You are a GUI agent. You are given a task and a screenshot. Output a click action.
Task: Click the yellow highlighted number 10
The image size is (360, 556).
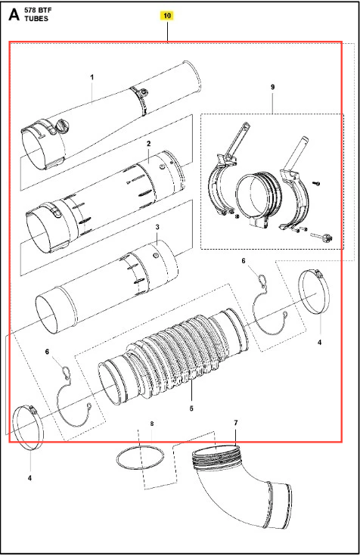click(167, 16)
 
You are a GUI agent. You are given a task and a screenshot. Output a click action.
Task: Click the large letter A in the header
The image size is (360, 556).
click(14, 14)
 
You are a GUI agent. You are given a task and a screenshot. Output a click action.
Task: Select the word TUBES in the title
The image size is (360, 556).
click(36, 19)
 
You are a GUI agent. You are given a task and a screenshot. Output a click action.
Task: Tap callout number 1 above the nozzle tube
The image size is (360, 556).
click(92, 77)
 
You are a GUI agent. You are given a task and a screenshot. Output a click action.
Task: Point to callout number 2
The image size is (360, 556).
click(149, 144)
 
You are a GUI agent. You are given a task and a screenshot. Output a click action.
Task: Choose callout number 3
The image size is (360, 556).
click(157, 227)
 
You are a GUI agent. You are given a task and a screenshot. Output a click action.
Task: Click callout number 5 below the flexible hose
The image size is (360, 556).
click(191, 408)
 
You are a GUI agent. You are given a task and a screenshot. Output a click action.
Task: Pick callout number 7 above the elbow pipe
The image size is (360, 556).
click(236, 423)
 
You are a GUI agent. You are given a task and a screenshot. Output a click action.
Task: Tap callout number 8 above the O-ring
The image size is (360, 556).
click(152, 424)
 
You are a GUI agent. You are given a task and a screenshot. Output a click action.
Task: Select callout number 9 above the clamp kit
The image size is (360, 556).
click(272, 87)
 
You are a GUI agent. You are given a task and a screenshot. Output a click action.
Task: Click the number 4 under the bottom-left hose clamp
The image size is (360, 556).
click(29, 478)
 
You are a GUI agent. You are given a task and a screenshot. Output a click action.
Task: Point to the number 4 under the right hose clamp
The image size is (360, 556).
click(320, 342)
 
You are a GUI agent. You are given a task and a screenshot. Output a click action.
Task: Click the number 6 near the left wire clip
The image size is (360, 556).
click(47, 352)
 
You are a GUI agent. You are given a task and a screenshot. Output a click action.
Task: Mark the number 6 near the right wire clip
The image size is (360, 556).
click(244, 261)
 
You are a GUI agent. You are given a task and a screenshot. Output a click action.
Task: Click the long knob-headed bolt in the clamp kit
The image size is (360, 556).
click(321, 237)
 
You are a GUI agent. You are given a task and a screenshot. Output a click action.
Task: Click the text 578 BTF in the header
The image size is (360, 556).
click(38, 11)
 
